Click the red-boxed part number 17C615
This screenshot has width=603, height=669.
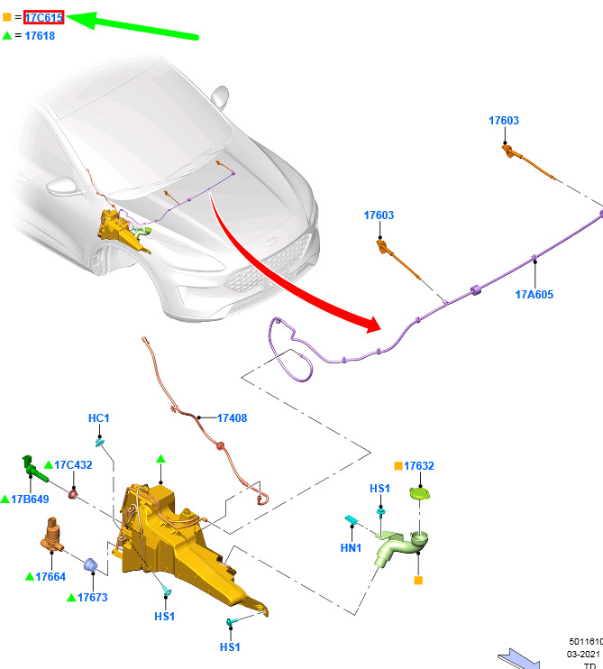tap(43, 17)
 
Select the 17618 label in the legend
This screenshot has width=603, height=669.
tap(40, 36)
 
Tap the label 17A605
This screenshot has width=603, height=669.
tap(534, 295)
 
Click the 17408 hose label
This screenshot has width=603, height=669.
tap(232, 418)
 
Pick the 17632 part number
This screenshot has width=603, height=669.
tap(419, 466)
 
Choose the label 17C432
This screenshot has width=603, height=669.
tap(73, 464)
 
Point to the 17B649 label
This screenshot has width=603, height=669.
tap(30, 499)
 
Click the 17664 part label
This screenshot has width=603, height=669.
tap(50, 577)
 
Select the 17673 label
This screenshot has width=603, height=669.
tap(93, 597)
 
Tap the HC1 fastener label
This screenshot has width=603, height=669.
tap(98, 418)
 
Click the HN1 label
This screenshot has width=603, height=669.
tap(351, 548)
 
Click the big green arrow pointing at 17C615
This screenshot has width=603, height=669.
tap(132, 26)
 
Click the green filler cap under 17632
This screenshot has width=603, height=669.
tap(420, 494)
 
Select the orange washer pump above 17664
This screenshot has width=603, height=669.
tap(52, 534)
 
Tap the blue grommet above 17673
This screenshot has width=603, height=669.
tap(90, 564)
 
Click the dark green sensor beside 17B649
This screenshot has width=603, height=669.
tap(34, 469)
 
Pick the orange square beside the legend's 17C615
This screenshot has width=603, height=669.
tap(7, 17)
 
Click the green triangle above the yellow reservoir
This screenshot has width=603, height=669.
tap(160, 459)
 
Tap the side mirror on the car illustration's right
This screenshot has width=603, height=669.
tap(220, 96)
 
